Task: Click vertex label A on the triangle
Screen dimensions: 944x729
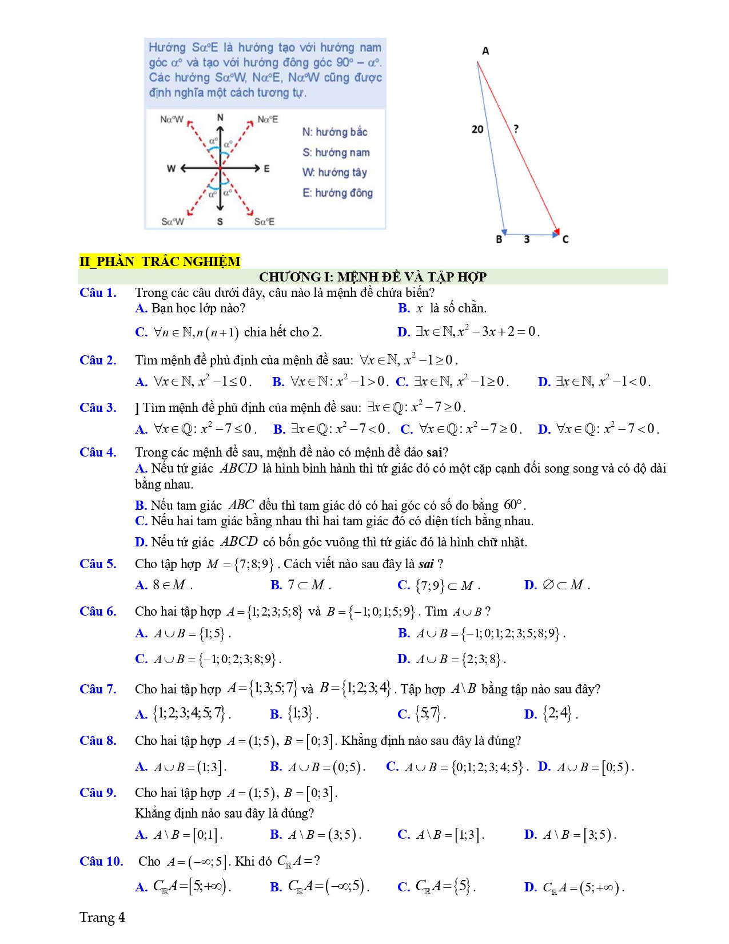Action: pos(485,51)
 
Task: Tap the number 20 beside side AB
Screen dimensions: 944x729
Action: pos(477,129)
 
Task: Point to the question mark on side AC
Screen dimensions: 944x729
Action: pos(516,129)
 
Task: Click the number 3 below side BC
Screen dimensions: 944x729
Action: pos(527,239)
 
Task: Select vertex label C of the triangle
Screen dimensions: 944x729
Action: pos(565,239)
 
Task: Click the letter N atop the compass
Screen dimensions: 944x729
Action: pos(220,118)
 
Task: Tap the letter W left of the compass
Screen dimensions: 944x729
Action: pos(171,168)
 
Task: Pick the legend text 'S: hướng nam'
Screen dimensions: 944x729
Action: pos(336,152)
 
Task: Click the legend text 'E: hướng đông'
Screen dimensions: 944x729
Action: pos(337,193)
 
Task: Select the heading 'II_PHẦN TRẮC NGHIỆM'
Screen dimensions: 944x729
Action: pos(160,261)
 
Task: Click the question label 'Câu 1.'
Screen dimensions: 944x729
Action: pos(98,293)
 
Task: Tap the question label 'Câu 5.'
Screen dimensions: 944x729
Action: pos(98,564)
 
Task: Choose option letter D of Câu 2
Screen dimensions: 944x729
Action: pos(544,382)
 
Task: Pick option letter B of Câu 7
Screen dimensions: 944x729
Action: pos(276,714)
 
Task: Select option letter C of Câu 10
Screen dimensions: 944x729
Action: pos(404,887)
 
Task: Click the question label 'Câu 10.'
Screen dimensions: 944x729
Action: pos(101,862)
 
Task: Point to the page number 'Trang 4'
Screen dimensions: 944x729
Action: pos(102,918)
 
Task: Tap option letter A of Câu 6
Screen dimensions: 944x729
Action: pos(141,633)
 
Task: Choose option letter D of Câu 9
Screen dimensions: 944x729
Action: pos(530,835)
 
